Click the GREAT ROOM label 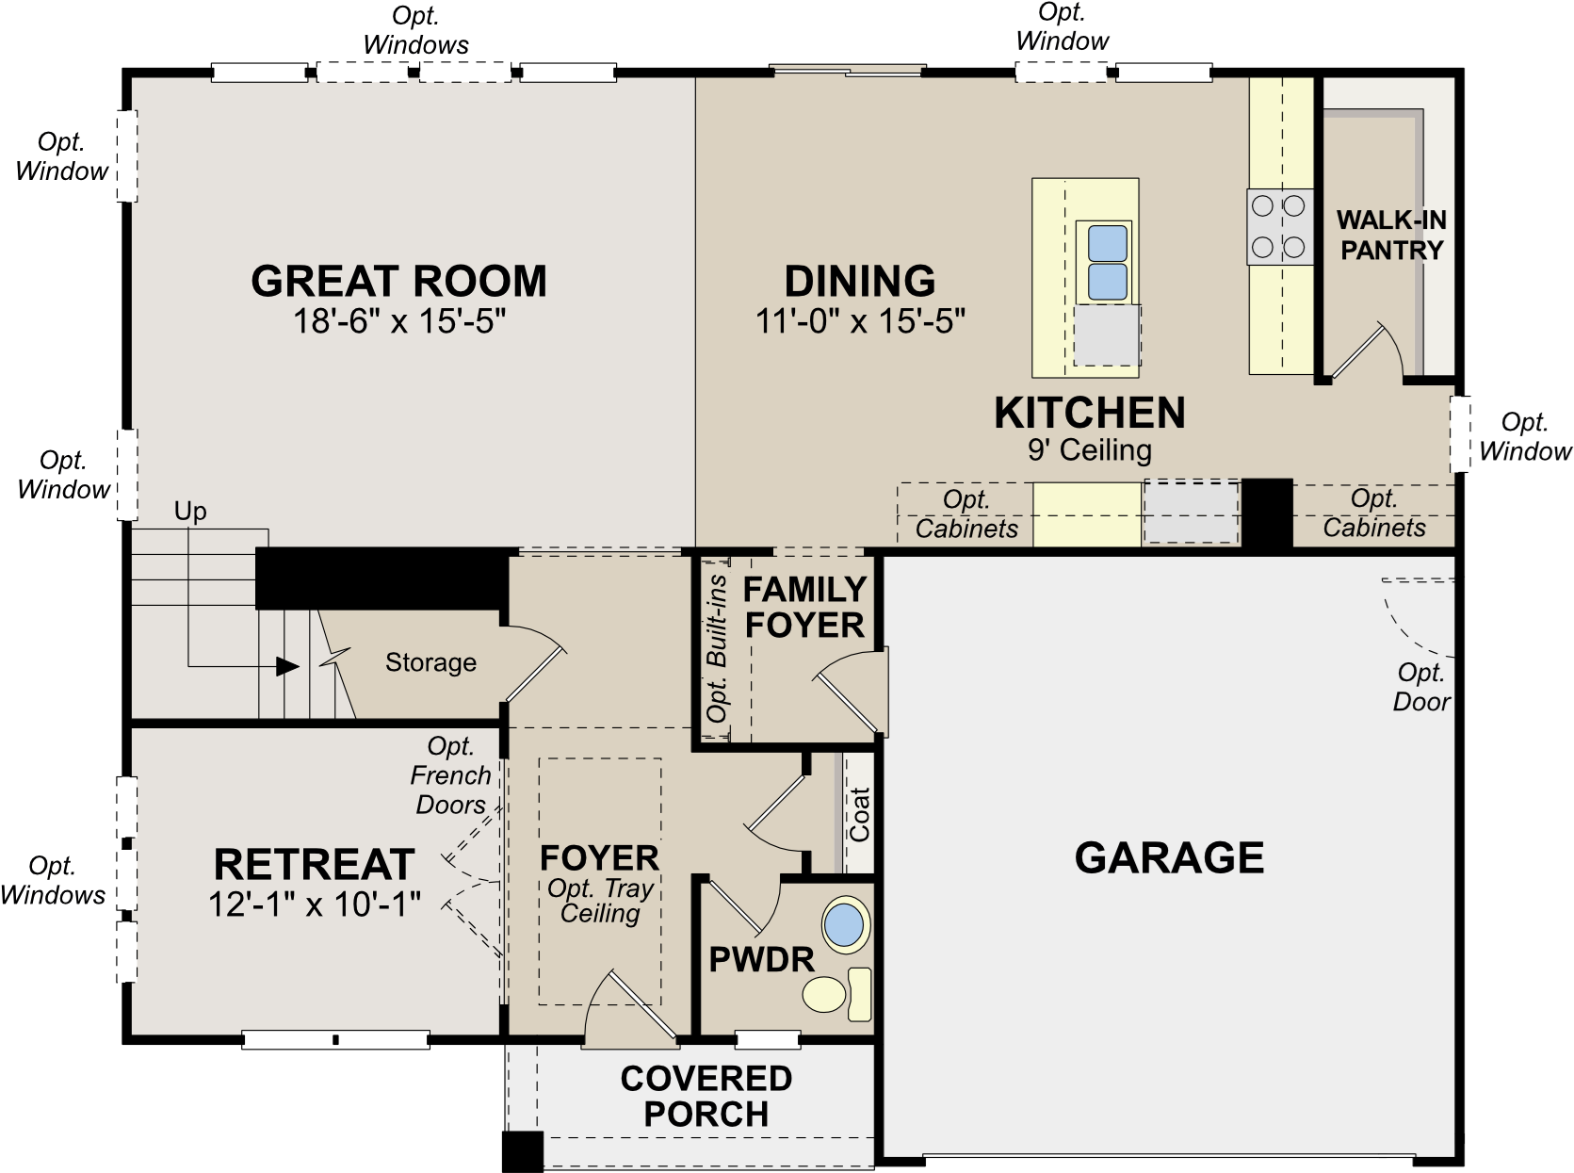click(x=398, y=281)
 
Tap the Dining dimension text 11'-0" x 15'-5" click(x=860, y=321)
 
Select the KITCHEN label click(x=1090, y=413)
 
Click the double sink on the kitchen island click(x=1107, y=263)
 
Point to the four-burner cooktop click(x=1279, y=226)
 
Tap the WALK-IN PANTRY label click(x=1391, y=235)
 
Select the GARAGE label click(x=1170, y=857)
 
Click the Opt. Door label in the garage click(x=1421, y=688)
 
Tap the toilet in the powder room click(x=837, y=994)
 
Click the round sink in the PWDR click(x=845, y=925)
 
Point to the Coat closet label click(x=859, y=814)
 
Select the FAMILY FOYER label click(x=804, y=608)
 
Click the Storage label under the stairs click(x=430, y=662)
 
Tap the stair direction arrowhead click(x=287, y=666)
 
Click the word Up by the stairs click(x=190, y=512)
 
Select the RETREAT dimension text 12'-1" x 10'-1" click(x=315, y=904)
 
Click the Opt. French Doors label click(x=451, y=775)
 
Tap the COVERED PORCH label click(x=706, y=1097)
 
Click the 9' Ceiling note click(x=1090, y=450)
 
